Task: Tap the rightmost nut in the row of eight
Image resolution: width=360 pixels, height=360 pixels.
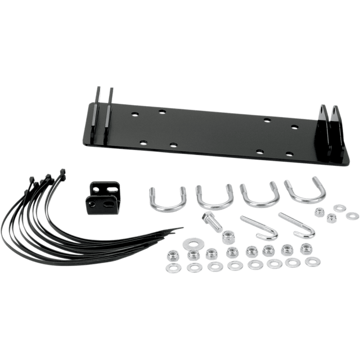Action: point(307,248)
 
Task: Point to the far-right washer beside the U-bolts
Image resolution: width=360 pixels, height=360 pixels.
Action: point(353,215)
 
